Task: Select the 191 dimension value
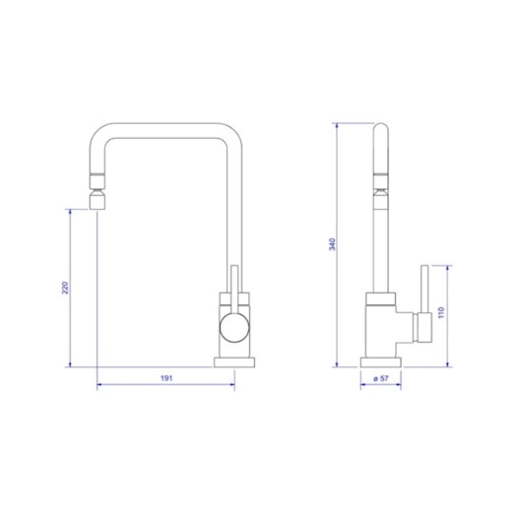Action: pos(167,378)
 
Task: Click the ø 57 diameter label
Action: pos(379,378)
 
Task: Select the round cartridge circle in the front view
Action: pos(234,328)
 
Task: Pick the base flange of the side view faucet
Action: pos(379,361)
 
